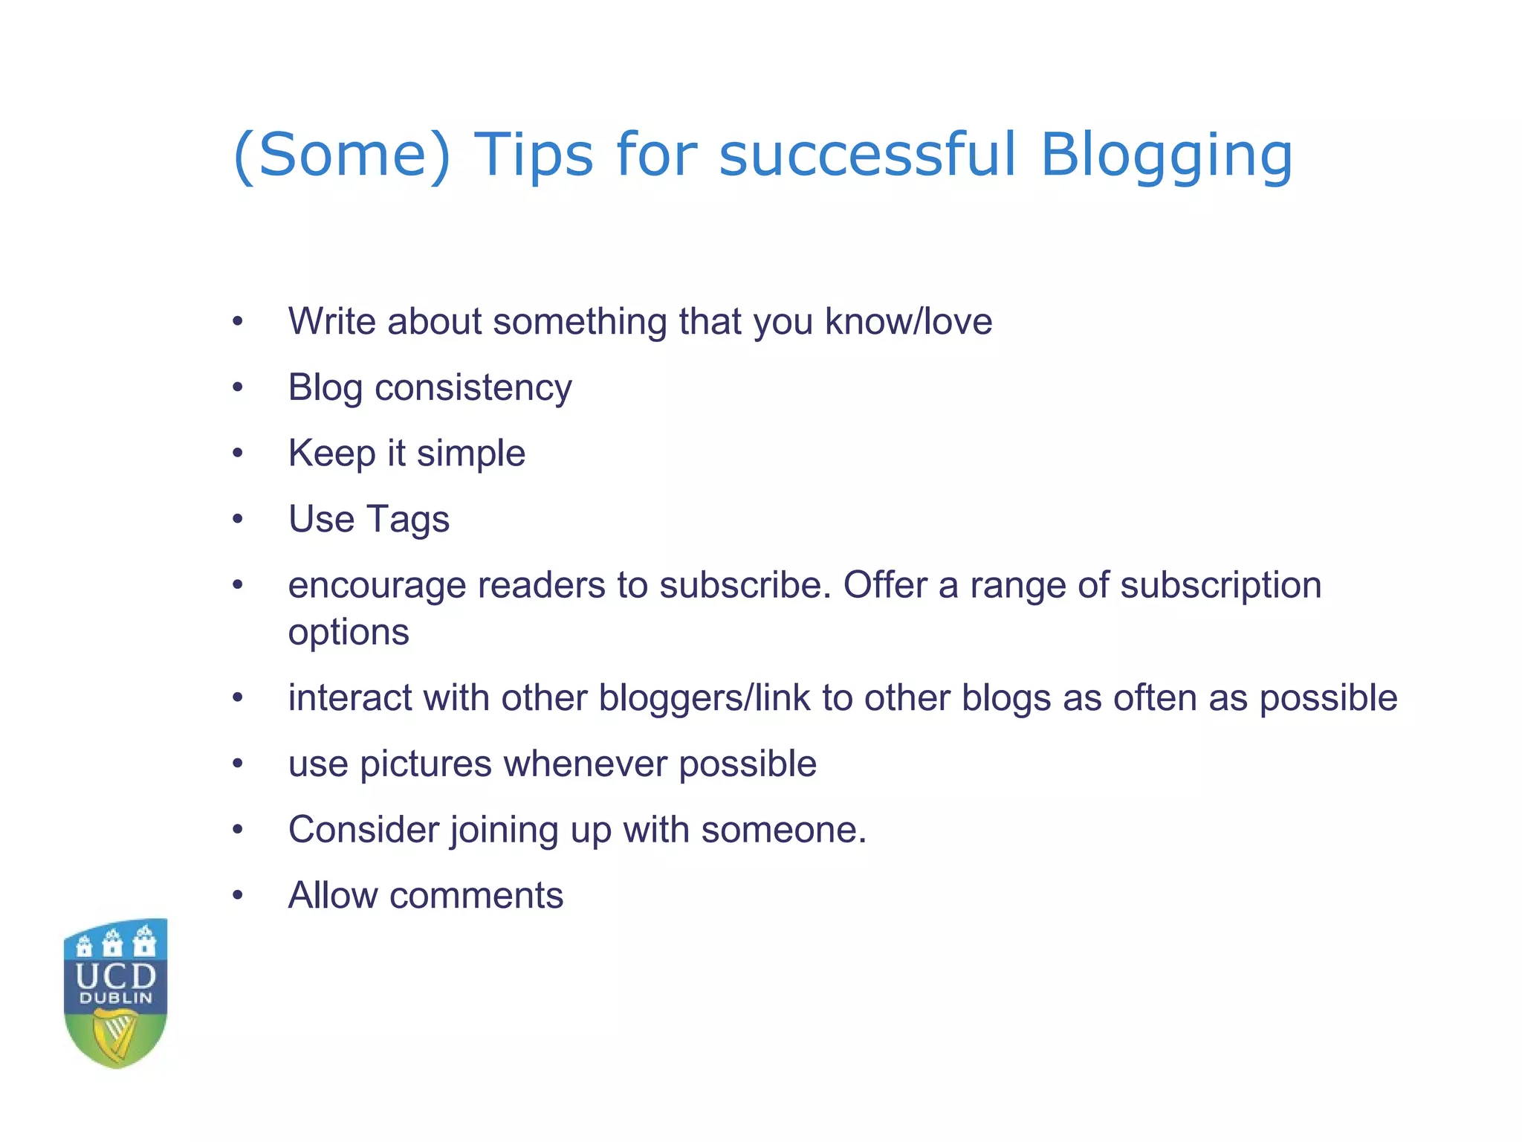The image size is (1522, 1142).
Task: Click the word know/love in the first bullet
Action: coord(908,322)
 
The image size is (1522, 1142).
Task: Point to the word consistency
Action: coord(473,388)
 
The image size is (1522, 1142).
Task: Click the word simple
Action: coord(471,454)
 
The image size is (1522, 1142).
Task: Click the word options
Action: coord(349,633)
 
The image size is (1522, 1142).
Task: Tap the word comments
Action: coord(476,895)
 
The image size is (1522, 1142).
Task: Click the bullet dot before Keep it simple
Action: coord(237,454)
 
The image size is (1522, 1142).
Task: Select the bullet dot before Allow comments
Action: coord(237,896)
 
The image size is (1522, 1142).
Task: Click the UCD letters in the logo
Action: coord(116,975)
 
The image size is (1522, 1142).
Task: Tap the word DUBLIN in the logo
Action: coord(116,999)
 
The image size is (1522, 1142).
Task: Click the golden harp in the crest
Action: coord(115,1035)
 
